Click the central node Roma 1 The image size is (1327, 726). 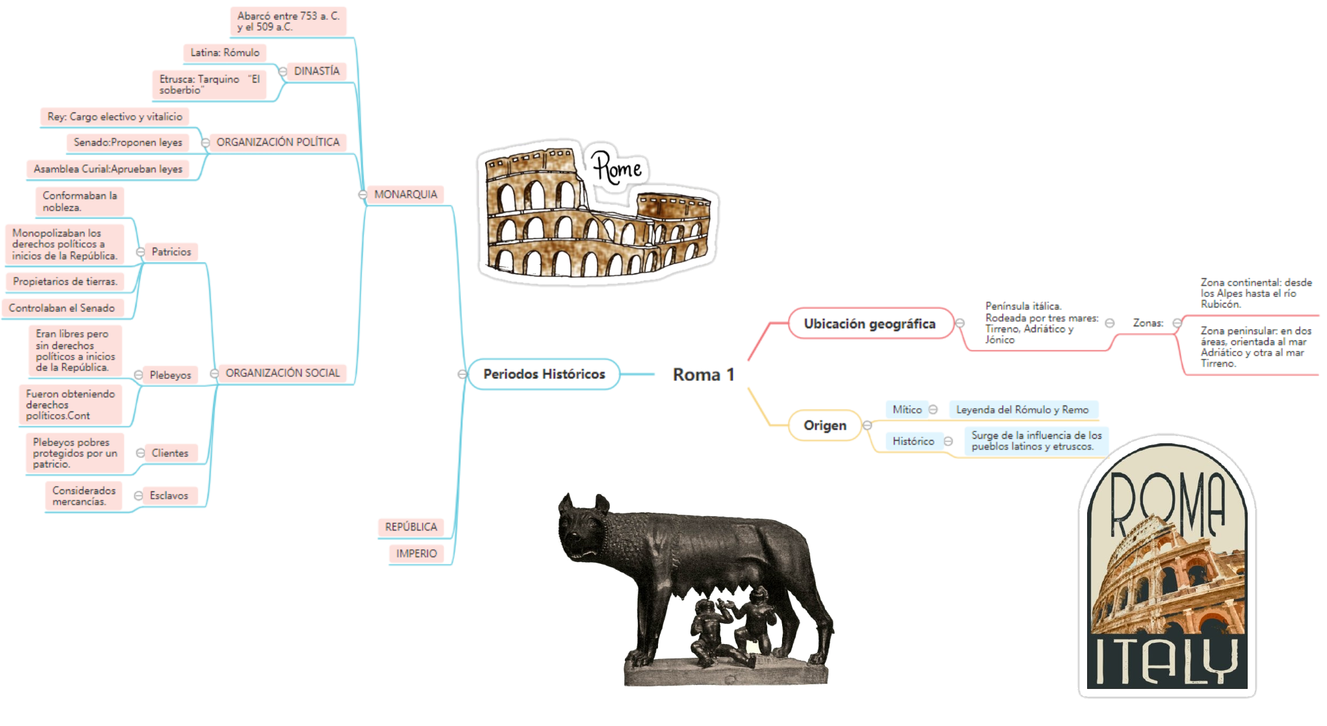[703, 374]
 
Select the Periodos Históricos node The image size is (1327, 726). [544, 374]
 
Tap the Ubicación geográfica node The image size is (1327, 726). [869, 324]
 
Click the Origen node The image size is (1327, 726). [824, 426]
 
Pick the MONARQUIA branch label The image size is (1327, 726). [405, 194]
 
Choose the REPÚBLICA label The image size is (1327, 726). [411, 527]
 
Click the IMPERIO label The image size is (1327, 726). [416, 554]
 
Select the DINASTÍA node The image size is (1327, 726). [317, 71]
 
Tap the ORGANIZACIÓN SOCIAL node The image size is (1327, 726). [282, 373]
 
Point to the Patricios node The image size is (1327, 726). [171, 252]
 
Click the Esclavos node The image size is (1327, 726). [168, 496]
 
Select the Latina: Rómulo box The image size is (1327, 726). [224, 53]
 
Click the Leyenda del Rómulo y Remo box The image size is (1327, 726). [1022, 410]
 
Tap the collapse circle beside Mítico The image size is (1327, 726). [933, 409]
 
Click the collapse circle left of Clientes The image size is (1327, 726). [140, 453]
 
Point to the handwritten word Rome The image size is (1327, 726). [616, 168]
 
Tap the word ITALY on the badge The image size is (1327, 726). [1166, 660]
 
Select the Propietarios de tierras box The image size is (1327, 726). [65, 281]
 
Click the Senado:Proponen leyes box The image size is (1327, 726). [127, 142]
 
